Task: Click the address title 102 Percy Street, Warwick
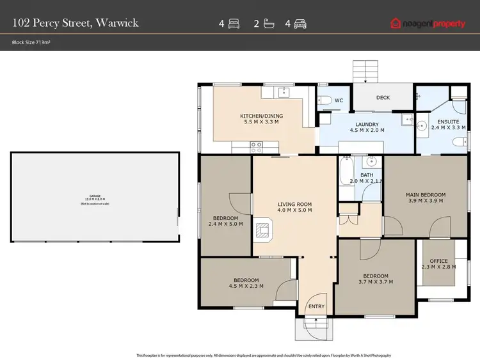[76, 24]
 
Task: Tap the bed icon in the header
[234, 24]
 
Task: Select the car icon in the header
[300, 24]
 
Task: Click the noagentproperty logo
[428, 24]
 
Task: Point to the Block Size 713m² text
[32, 43]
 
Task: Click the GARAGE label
[95, 196]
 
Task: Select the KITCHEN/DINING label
[261, 116]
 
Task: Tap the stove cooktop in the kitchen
[256, 145]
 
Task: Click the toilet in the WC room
[324, 100]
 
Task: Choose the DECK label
[383, 98]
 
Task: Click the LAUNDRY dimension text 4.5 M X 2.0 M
[367, 130]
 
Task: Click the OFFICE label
[438, 260]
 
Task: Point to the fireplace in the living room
[263, 230]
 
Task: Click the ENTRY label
[316, 306]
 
